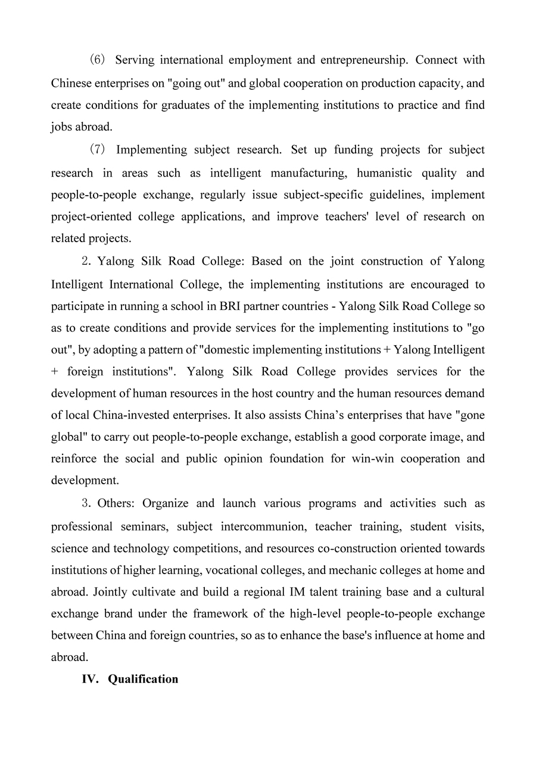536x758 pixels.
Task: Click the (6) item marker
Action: (97, 60)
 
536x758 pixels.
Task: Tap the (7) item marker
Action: (97, 150)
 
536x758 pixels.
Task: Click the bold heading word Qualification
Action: (143, 679)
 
